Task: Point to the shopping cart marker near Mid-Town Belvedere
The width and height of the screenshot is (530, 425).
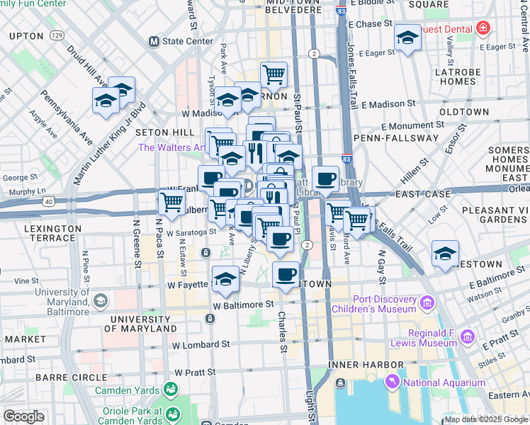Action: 274,74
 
